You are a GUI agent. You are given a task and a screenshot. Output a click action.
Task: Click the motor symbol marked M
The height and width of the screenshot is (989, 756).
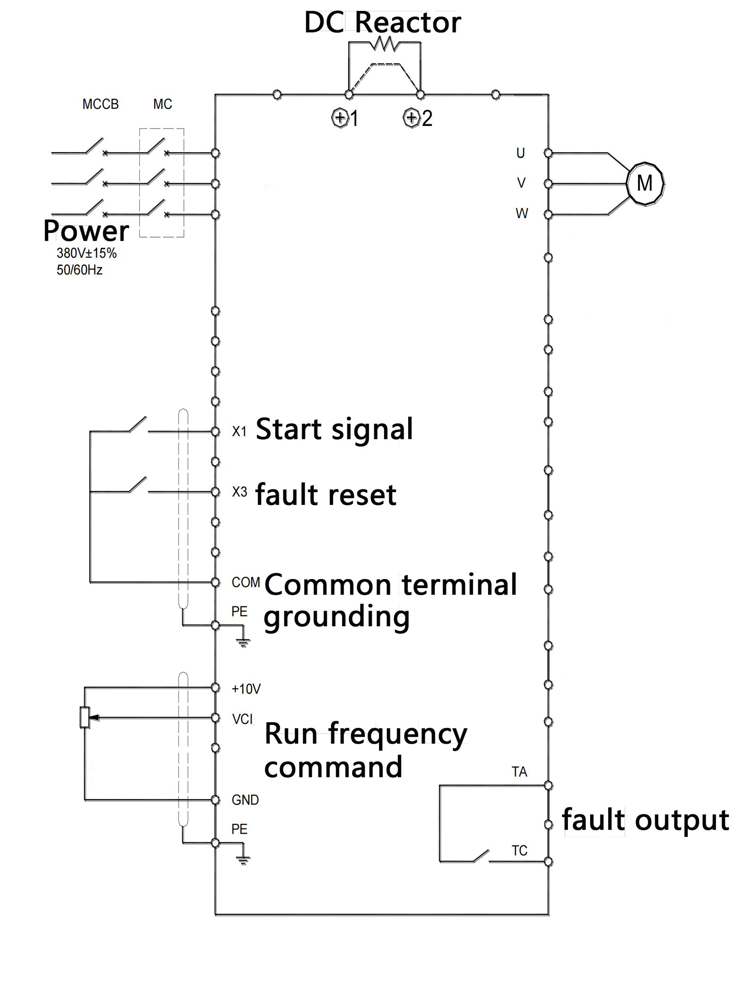pyautogui.click(x=644, y=183)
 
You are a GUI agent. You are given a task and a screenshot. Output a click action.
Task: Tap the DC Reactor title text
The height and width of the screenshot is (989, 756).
pyautogui.click(x=382, y=22)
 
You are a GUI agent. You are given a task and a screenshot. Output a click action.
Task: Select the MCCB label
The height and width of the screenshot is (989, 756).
pyautogui.click(x=100, y=104)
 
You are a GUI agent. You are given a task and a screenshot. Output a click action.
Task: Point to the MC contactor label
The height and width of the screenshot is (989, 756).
pyautogui.click(x=163, y=104)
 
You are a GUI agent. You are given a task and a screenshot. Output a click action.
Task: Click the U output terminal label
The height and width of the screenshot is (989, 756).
pyautogui.click(x=520, y=153)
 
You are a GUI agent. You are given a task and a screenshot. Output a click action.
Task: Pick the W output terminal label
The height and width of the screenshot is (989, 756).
pyautogui.click(x=522, y=213)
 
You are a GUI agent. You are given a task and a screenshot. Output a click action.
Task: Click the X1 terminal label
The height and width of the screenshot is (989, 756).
pyautogui.click(x=239, y=431)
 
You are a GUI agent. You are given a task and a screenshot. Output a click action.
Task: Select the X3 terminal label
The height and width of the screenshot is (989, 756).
pyautogui.click(x=240, y=492)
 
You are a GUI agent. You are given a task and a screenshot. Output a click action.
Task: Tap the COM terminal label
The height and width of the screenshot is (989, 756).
pyautogui.click(x=246, y=582)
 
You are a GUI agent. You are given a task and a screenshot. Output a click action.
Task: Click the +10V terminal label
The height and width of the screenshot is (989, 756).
pyautogui.click(x=246, y=689)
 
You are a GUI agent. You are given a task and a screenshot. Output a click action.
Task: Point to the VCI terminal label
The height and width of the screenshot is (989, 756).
pyautogui.click(x=242, y=719)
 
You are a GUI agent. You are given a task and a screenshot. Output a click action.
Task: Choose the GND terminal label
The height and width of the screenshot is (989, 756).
pyautogui.click(x=245, y=800)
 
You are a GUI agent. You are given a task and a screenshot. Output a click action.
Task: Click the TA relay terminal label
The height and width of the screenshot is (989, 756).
pyautogui.click(x=519, y=772)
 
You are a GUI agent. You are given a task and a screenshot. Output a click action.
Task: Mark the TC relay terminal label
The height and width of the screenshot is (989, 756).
pyautogui.click(x=519, y=851)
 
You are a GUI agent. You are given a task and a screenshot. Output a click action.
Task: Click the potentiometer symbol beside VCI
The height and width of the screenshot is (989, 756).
pyautogui.click(x=85, y=717)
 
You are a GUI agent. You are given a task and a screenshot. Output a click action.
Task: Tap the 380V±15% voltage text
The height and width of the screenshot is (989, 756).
pyautogui.click(x=86, y=253)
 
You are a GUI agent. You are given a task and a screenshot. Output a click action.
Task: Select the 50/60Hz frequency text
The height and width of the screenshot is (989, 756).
pyautogui.click(x=79, y=270)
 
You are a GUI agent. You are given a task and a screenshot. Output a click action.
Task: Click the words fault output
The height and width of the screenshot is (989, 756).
pyautogui.click(x=645, y=820)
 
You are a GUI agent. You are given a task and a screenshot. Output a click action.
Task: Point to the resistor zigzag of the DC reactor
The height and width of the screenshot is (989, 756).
pyautogui.click(x=385, y=45)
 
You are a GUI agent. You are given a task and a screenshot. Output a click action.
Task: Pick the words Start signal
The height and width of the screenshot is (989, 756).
pyautogui.click(x=334, y=429)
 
